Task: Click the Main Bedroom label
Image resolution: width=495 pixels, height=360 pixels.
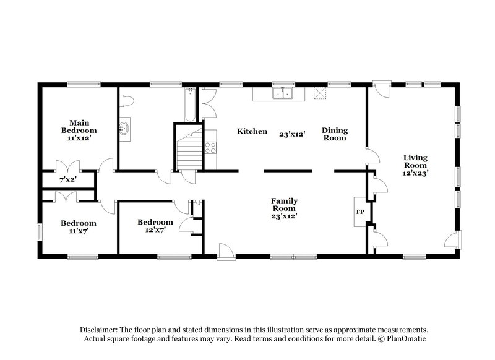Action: (x=79, y=126)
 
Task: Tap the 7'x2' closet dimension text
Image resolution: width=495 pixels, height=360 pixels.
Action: (x=67, y=179)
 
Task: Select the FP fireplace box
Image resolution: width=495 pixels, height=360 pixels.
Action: (x=359, y=212)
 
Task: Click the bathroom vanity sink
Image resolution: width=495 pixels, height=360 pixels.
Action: (x=125, y=129)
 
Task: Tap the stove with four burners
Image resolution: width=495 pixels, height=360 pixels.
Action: (x=211, y=147)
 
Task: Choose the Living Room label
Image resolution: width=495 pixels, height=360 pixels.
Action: (x=416, y=161)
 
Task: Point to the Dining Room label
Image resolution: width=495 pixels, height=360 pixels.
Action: (x=334, y=134)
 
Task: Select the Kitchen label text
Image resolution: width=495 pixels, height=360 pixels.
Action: (x=252, y=131)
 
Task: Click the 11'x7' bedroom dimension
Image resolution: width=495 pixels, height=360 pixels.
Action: (x=79, y=232)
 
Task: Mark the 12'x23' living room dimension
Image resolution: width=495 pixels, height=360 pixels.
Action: (x=416, y=174)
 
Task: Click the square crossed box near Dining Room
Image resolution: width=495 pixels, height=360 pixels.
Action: (x=319, y=93)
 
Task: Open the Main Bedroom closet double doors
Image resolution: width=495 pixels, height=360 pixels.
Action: (x=65, y=168)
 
